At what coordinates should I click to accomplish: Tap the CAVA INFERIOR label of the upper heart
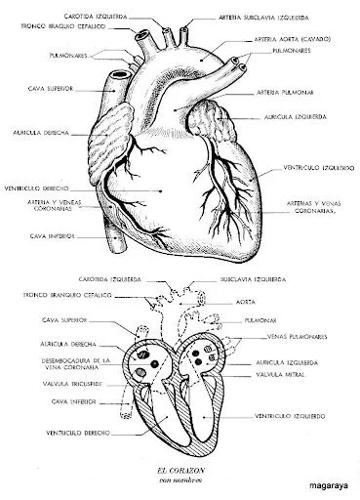(48, 235)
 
